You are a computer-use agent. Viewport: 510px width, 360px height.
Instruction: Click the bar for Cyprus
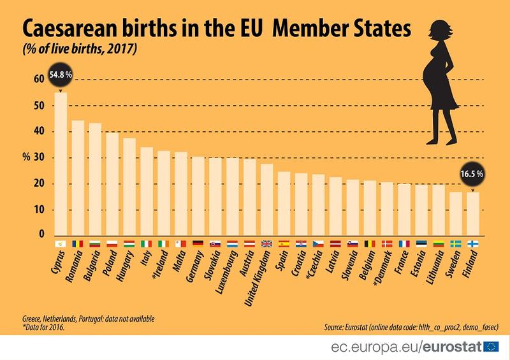click(61, 164)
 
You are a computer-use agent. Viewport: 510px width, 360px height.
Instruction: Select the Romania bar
click(78, 178)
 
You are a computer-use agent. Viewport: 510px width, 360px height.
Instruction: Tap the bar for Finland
click(472, 213)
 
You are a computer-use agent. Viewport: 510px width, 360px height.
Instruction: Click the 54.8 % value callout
click(61, 76)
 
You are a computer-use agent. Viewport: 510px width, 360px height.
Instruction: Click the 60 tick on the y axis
click(39, 79)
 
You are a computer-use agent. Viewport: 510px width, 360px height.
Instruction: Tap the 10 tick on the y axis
click(39, 210)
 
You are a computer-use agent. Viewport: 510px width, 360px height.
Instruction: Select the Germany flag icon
click(198, 243)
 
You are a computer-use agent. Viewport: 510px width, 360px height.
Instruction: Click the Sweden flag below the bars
click(455, 243)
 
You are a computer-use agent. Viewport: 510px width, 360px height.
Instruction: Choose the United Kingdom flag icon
click(267, 243)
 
